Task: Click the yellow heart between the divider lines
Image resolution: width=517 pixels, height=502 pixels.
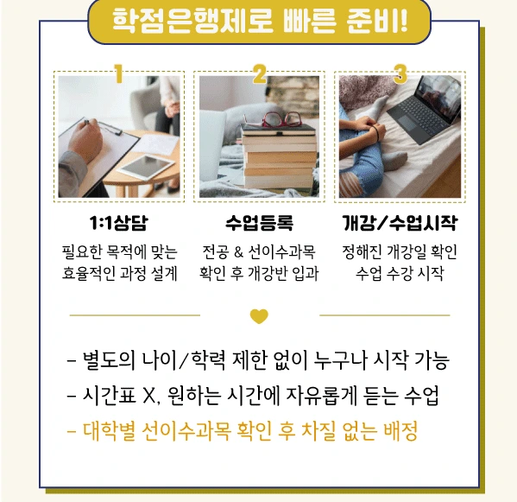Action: pyautogui.click(x=259, y=316)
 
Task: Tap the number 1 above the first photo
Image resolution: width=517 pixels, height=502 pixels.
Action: pyautogui.click(x=118, y=74)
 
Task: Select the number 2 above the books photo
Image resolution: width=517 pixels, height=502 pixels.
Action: pyautogui.click(x=260, y=74)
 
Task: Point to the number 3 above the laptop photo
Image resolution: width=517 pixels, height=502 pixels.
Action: pyautogui.click(x=400, y=74)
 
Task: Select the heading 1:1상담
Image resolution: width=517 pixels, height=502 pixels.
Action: pyautogui.click(x=118, y=224)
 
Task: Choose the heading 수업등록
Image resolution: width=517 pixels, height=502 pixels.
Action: pyautogui.click(x=259, y=224)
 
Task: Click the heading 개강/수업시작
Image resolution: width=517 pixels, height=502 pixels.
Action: pyautogui.click(x=400, y=224)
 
